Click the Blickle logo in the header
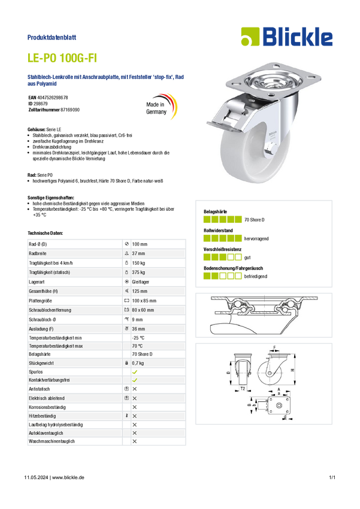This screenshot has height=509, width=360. click(x=287, y=37)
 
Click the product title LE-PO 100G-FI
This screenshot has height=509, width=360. click(x=62, y=57)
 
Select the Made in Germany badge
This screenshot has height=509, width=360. click(x=161, y=106)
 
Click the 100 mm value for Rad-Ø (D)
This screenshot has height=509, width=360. click(x=140, y=244)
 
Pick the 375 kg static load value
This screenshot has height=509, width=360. click(x=138, y=272)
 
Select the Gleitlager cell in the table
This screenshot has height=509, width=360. click(x=141, y=282)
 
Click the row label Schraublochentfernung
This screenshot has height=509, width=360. click(x=50, y=310)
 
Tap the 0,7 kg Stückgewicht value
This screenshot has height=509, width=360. click(x=138, y=363)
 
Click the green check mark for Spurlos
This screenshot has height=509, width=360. click(x=135, y=372)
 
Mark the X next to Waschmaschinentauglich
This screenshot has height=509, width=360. click(x=135, y=441)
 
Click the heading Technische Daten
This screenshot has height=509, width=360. click(x=45, y=233)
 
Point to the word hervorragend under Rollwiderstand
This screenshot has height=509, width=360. click(x=256, y=238)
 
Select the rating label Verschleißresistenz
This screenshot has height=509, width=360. click(x=223, y=249)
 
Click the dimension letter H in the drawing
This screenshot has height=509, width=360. click(x=292, y=370)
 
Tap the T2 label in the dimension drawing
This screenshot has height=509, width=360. click(x=243, y=389)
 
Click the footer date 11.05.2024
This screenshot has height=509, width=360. click(x=36, y=477)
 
